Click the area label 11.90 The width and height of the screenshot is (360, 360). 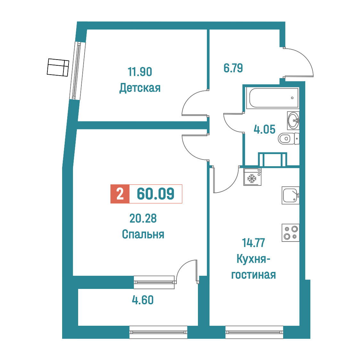coord(140,72)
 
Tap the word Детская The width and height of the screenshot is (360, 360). coord(140,88)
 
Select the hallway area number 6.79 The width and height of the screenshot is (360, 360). coord(233,68)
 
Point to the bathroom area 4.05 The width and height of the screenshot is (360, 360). coord(265,129)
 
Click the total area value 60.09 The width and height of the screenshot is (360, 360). coord(156,194)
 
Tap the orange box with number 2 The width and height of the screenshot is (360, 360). coord(120,194)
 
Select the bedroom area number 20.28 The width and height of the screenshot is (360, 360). coord(143,218)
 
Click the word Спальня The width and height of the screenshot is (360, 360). coord(143,234)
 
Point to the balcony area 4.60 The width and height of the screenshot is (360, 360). coord(143,300)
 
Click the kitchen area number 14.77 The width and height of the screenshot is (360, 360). coord(253,243)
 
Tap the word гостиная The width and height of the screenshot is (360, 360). coord(253,275)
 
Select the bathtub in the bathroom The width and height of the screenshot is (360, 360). coord(272,98)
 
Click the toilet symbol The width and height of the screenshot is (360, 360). coord(289,139)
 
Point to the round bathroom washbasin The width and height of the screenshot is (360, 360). coord(293,120)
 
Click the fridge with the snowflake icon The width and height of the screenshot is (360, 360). coord(252,177)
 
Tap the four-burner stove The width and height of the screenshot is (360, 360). coord(290,233)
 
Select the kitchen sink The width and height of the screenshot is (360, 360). coord(290,195)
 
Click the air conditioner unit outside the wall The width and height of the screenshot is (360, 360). coord(58,68)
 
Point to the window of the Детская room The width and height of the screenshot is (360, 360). coord(78,71)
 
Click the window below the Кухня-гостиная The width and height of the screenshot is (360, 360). coord(254,332)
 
